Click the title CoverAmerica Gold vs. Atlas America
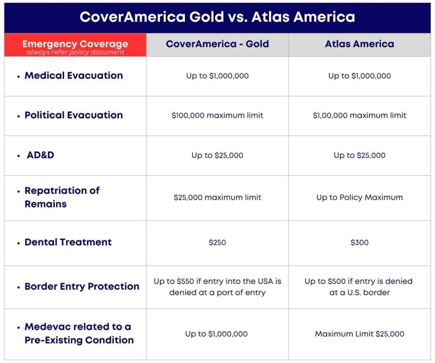tap(217, 17)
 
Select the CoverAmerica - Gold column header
tap(217, 44)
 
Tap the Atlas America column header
tap(359, 44)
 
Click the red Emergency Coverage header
tap(75, 44)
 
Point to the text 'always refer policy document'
tap(75, 52)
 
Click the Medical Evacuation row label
tap(73, 76)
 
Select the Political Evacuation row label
tap(73, 115)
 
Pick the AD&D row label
tap(40, 155)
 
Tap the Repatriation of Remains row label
tap(62, 197)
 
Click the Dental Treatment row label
tap(68, 243)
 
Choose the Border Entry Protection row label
tap(82, 287)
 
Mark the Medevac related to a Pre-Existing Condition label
tap(79, 334)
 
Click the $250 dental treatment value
tap(217, 243)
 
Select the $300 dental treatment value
tap(359, 243)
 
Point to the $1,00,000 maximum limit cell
tap(359, 115)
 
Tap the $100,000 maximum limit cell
tap(217, 115)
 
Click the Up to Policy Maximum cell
tap(359, 197)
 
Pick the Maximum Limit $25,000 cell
tap(359, 334)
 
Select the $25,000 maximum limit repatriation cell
tap(217, 197)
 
